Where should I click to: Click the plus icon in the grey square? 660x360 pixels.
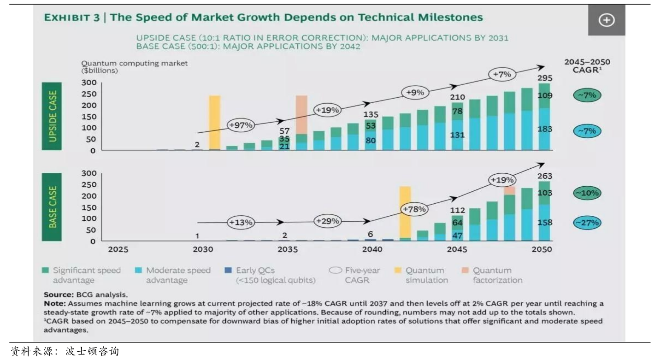tap(606, 20)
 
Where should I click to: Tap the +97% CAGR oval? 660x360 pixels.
tap(241, 125)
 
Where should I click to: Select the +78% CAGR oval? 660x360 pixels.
tap(414, 209)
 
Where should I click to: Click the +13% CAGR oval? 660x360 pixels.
tap(241, 222)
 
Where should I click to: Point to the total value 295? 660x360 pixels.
tap(544, 78)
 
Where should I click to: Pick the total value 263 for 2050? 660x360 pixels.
tap(544, 176)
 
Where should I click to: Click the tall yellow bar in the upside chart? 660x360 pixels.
tap(214, 122)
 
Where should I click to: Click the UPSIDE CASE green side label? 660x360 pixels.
tap(53, 116)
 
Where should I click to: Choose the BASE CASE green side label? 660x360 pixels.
tap(53, 207)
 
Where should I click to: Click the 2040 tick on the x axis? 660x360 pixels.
tap(371, 249)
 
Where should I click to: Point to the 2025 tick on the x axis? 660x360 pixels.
tap(118, 249)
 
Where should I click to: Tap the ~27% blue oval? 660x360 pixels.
tap(587, 223)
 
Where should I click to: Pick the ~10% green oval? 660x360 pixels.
tap(587, 193)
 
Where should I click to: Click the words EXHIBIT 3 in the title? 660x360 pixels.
tap(71, 18)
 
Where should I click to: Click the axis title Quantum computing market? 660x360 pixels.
tap(135, 63)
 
